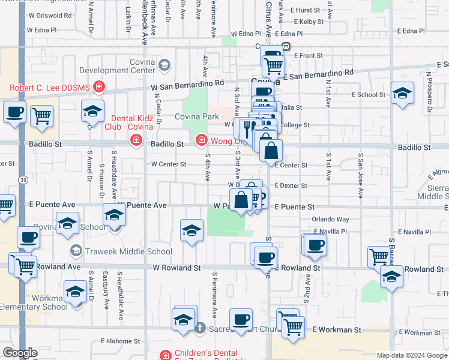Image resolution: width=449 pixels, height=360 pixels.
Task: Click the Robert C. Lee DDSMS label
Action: (49, 88)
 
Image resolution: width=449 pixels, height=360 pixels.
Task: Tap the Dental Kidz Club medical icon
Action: (137, 140)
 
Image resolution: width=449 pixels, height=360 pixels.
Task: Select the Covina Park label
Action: (196, 116)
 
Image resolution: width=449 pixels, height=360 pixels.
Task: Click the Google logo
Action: (20, 353)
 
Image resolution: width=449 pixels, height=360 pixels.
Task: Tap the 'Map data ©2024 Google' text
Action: (412, 355)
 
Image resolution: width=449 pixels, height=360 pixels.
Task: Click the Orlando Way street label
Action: (330, 220)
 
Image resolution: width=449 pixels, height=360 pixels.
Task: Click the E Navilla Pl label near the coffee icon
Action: (330, 232)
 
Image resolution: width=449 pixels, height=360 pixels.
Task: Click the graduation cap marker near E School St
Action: (402, 93)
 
